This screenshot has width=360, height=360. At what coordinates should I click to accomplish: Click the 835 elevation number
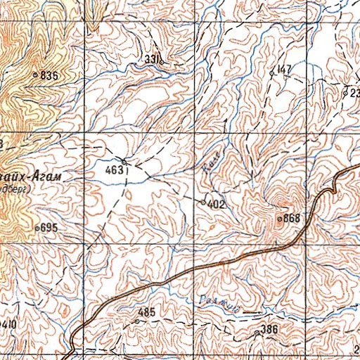(x=49, y=75)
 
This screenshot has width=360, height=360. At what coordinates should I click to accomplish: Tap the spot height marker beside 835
(x=35, y=73)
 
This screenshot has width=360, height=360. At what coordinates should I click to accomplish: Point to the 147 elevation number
(x=284, y=68)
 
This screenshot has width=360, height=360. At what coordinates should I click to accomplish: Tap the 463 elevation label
(x=113, y=169)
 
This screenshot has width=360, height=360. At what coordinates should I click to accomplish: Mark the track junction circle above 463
(x=124, y=162)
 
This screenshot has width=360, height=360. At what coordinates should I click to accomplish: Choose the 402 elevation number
(x=216, y=204)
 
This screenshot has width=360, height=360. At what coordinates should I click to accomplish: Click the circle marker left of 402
(x=204, y=202)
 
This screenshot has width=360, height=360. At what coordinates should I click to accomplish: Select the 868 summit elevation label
(x=292, y=219)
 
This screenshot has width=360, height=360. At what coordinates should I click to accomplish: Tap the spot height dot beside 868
(x=279, y=219)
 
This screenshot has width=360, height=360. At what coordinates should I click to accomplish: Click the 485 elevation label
(x=146, y=311)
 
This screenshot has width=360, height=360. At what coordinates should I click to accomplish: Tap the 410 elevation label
(x=8, y=324)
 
